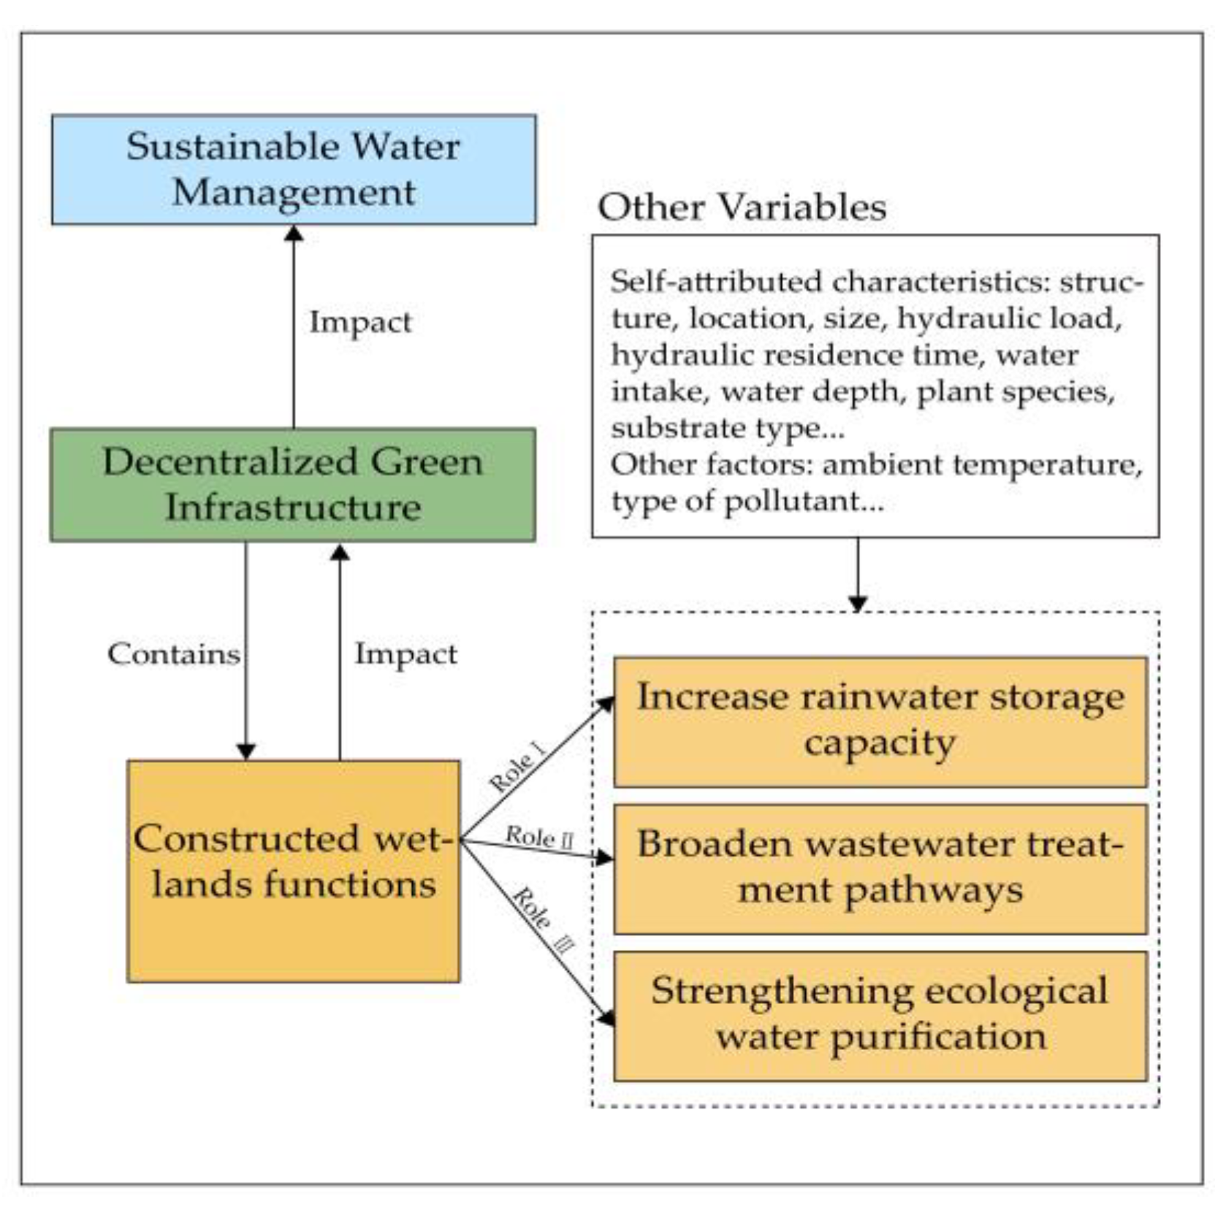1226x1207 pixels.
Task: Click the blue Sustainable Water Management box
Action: [294, 169]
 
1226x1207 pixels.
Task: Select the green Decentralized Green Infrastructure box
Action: [292, 485]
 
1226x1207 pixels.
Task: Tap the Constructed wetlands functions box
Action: [293, 870]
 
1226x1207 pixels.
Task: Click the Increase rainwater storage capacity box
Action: [880, 721]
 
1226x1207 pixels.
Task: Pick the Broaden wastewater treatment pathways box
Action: [880, 868]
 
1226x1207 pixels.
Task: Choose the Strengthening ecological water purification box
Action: [880, 1015]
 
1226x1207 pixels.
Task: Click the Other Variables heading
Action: [742, 207]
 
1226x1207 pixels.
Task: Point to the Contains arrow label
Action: [174, 654]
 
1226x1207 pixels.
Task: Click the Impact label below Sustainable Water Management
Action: [360, 322]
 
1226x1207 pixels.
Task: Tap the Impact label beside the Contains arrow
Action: [406, 654]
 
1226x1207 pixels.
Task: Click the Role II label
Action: [539, 837]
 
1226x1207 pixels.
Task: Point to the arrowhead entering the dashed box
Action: [858, 605]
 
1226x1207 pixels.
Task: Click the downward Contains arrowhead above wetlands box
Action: [246, 751]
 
